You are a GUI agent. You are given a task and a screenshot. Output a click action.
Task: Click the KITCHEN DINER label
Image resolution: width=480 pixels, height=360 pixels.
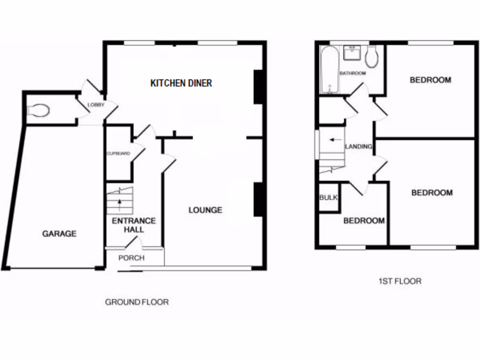[x=181, y=83]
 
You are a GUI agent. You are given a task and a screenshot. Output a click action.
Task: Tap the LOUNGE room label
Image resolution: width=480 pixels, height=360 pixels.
[x=205, y=210]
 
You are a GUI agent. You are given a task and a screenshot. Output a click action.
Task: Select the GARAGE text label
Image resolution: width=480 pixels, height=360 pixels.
[x=59, y=233]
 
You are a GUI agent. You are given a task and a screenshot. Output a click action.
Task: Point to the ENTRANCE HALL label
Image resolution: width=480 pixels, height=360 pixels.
[x=134, y=225]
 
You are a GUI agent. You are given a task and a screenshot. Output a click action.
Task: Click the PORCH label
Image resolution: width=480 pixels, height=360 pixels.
[x=131, y=258]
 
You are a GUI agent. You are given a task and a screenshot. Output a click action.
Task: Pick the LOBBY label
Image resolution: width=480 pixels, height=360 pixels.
[x=96, y=105]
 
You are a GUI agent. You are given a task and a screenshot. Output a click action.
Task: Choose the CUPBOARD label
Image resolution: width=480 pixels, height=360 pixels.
[x=119, y=153]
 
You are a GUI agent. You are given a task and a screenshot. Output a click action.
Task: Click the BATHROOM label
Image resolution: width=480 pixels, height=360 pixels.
[x=352, y=74]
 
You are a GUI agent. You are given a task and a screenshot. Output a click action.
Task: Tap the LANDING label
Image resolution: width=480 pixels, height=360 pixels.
[x=359, y=147]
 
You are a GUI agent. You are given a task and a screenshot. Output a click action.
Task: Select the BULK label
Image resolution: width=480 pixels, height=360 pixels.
[x=329, y=198]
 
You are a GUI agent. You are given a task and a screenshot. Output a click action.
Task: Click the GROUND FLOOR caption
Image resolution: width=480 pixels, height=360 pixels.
[x=136, y=302]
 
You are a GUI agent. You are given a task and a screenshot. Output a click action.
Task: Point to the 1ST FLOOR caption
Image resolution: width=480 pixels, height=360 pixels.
[x=399, y=281]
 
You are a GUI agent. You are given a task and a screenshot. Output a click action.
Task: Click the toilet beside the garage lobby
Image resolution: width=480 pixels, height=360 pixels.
[x=38, y=110]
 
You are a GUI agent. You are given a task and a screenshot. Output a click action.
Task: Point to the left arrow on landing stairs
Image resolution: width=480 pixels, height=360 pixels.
[x=335, y=140]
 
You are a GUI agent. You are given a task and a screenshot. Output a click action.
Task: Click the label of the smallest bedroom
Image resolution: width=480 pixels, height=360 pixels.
[x=364, y=221]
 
